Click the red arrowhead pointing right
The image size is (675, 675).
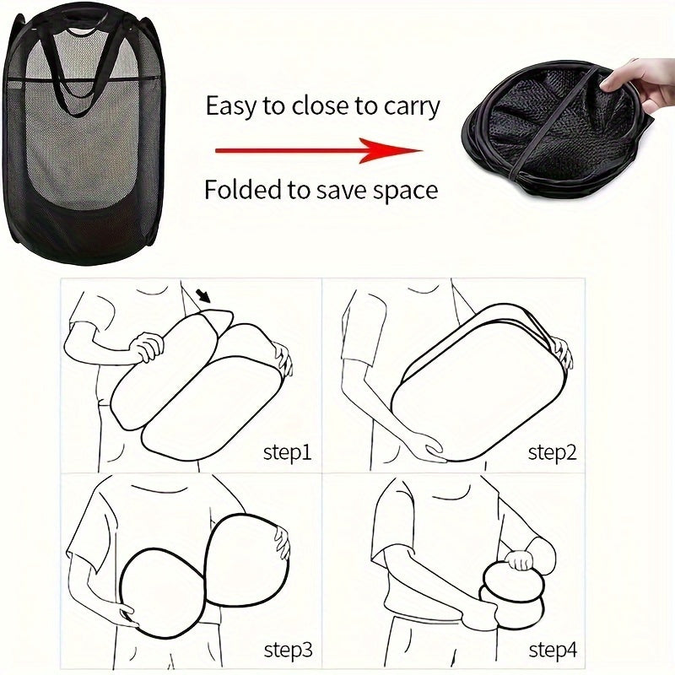pos(403,151)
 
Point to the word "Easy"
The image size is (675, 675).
pos(231,106)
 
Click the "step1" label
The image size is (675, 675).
pos(287,453)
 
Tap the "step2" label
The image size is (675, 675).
pos(553,453)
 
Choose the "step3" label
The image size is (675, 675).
pos(287,650)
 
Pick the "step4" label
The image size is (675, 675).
pos(553,650)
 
